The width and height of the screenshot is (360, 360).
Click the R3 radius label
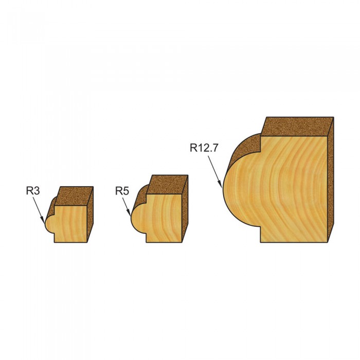coord(33,191)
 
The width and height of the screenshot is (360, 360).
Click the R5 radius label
coord(122,191)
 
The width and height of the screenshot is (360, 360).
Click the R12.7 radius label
coord(204,148)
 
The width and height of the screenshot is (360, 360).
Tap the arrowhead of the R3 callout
coord(43,220)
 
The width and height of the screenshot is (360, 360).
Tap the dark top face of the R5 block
coord(167,185)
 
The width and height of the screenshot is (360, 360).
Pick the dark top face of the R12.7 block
coord(297,127)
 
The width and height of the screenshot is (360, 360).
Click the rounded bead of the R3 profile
coord(50,224)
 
